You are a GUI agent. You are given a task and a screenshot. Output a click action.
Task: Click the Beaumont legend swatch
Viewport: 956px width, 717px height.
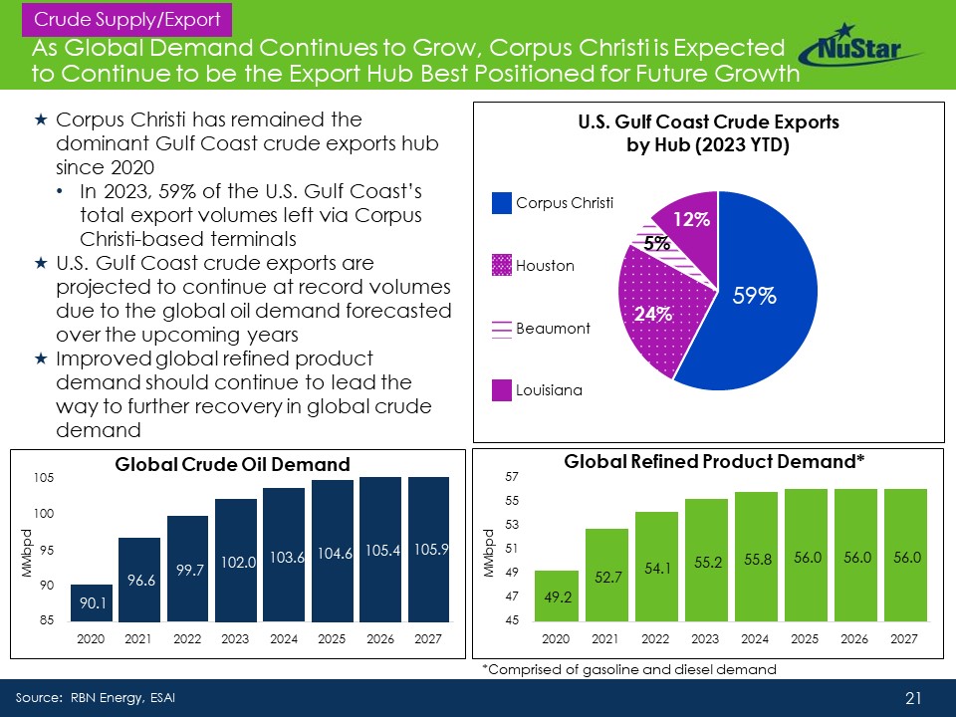click(501, 328)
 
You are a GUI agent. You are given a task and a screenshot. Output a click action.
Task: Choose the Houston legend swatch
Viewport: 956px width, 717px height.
click(501, 266)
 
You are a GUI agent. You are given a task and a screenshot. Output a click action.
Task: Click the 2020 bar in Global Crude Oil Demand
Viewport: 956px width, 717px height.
click(91, 602)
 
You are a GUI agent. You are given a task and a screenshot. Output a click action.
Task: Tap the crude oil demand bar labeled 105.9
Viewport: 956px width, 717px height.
click(429, 549)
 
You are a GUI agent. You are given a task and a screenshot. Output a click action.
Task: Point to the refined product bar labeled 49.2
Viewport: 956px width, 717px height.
click(557, 597)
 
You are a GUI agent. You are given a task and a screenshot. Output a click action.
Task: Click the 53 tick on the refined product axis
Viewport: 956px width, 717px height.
click(511, 524)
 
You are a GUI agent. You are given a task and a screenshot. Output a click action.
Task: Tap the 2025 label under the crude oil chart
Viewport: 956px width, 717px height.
click(332, 638)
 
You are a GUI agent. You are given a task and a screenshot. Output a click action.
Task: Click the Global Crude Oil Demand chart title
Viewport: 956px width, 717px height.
click(233, 464)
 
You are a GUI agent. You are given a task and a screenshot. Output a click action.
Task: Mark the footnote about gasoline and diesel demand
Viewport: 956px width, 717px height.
click(628, 670)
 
